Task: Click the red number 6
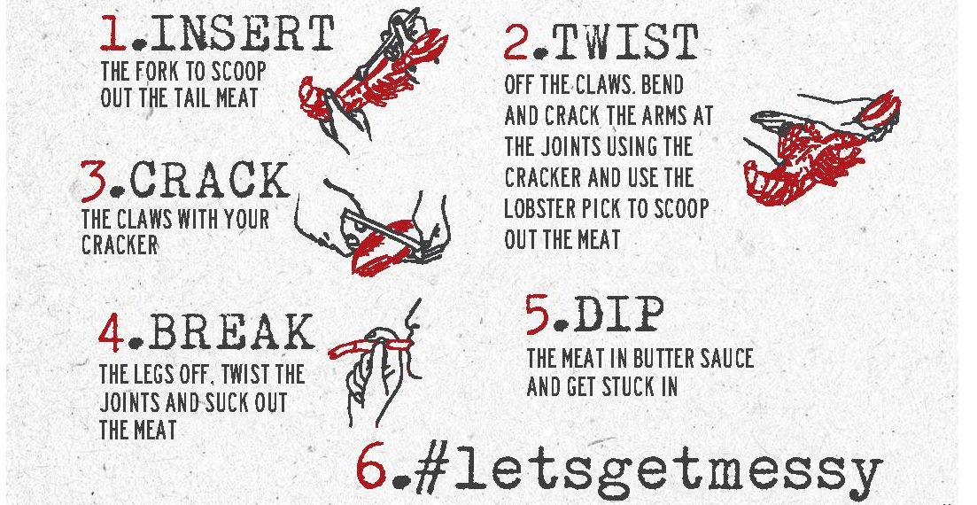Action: point(371,470)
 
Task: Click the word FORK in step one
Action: point(167,71)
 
